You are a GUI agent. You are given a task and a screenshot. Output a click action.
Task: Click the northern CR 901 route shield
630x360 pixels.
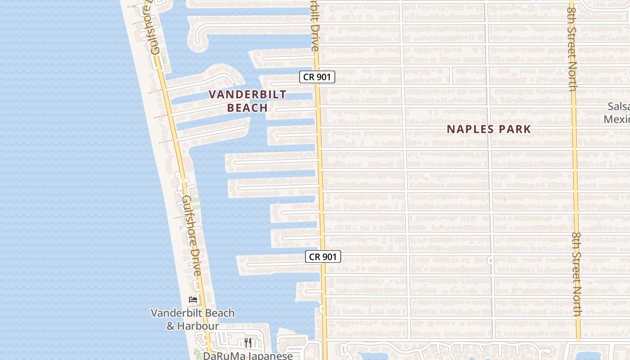(317, 77)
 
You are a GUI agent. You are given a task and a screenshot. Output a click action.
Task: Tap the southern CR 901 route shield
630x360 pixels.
(323, 257)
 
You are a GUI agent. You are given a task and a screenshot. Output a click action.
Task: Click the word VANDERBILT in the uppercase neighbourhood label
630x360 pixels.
(247, 94)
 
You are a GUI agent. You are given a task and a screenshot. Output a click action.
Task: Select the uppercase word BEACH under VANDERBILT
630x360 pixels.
(247, 108)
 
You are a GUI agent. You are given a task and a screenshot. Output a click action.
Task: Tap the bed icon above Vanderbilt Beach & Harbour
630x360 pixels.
(193, 300)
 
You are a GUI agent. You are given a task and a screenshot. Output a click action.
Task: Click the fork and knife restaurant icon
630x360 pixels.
(247, 343)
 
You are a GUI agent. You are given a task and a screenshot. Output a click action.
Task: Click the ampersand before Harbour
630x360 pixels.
(171, 326)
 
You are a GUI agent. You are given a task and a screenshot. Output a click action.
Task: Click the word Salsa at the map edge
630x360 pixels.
(618, 107)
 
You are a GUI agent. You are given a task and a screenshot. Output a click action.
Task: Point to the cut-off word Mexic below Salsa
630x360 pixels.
(616, 119)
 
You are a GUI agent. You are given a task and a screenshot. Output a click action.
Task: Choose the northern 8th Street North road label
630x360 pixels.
(571, 49)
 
